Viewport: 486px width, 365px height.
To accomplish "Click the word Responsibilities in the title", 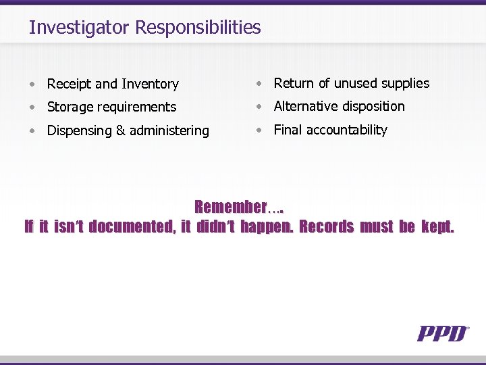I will [198, 28].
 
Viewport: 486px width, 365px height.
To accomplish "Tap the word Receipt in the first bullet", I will [69, 84].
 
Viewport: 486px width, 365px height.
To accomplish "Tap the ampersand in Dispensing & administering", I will [121, 130].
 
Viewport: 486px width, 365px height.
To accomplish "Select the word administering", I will [169, 130].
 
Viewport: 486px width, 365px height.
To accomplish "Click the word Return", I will [294, 83].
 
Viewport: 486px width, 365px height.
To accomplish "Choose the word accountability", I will [347, 130].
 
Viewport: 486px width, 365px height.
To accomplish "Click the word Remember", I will [231, 207].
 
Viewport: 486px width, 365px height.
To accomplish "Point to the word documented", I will [131, 226].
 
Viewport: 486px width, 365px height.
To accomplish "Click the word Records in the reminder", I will [326, 226].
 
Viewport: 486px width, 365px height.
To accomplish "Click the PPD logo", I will [443, 333].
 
